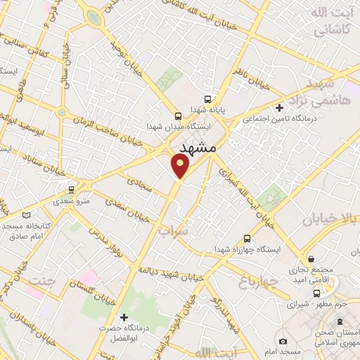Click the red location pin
[x=181, y=166]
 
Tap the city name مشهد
[x=197, y=148]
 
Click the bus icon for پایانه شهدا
[x=207, y=99]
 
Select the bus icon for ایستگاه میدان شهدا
[x=178, y=115]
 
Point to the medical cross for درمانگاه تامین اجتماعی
[x=280, y=108]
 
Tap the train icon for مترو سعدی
[x=71, y=190]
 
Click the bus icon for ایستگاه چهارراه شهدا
[x=246, y=238]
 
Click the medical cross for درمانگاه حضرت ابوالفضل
[x=124, y=318]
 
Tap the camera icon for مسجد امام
[x=283, y=341]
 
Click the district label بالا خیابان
[x=330, y=219]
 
